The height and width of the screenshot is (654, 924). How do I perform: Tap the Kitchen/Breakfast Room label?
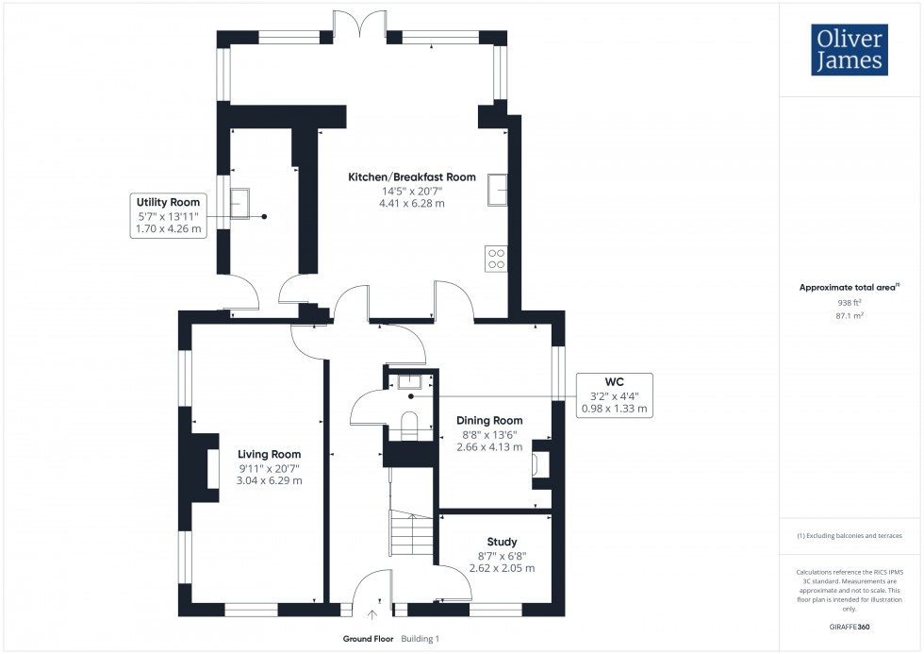click(412, 177)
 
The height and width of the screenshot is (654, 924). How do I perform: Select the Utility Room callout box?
click(169, 216)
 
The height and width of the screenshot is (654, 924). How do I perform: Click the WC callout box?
click(613, 395)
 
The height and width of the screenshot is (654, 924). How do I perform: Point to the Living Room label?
click(270, 454)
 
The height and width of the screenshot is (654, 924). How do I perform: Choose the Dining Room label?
click(489, 421)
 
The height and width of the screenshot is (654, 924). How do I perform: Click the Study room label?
click(502, 542)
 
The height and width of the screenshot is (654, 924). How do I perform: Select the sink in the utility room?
click(239, 203)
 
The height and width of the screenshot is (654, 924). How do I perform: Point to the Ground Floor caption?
click(369, 639)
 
